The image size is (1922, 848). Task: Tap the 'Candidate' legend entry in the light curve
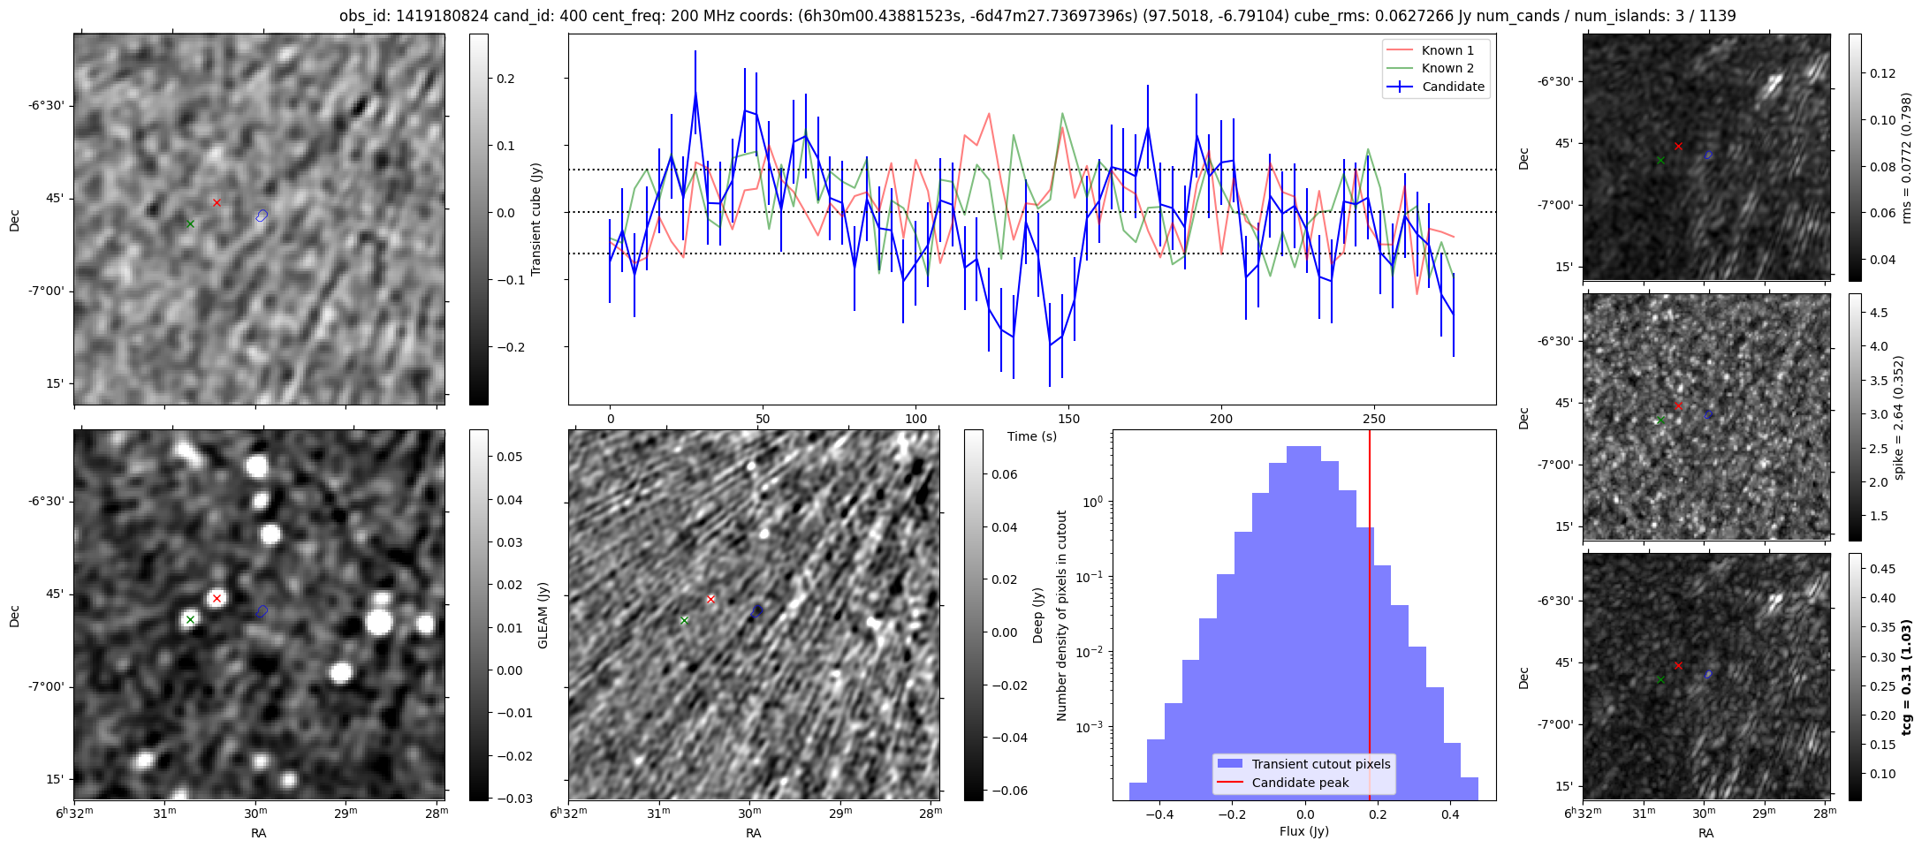[1453, 87]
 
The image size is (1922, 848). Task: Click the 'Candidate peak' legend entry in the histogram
[1300, 783]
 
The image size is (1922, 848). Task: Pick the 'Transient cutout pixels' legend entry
[1320, 764]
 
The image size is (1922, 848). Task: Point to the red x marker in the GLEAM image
[217, 598]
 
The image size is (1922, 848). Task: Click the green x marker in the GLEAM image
[190, 619]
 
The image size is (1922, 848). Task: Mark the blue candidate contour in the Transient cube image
[262, 216]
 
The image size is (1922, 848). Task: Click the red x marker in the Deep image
[710, 599]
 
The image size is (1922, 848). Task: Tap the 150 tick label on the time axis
[1068, 419]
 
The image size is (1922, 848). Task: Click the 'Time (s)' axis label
[1031, 436]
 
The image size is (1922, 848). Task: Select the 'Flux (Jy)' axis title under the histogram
[1303, 831]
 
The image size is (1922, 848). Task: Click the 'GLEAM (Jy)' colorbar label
[543, 615]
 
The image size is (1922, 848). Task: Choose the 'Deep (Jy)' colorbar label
[1038, 615]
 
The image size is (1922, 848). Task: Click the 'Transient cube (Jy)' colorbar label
[536, 219]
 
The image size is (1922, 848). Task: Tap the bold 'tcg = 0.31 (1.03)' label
[1908, 678]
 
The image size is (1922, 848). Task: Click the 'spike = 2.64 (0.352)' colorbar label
[1899, 418]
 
